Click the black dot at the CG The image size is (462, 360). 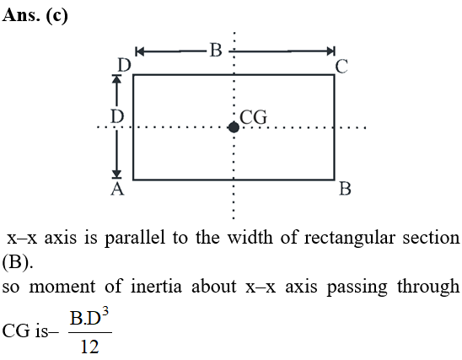point(234,127)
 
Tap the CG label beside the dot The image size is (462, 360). point(254,117)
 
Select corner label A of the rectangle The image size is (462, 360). point(117,189)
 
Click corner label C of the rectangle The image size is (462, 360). point(341,67)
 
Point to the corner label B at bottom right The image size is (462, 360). point(345,189)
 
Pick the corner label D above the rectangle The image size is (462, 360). point(124,65)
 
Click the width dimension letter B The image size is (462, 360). point(216,50)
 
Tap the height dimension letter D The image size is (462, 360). point(117,116)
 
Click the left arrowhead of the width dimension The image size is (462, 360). point(139,51)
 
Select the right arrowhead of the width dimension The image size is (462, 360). point(330,51)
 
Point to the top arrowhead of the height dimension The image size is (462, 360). point(117,79)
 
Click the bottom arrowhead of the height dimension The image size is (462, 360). point(117,175)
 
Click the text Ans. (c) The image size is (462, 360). point(35,15)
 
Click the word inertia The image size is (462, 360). point(156,287)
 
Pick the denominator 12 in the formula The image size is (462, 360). point(90,347)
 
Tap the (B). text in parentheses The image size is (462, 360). point(18,262)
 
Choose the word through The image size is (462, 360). point(428,287)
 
